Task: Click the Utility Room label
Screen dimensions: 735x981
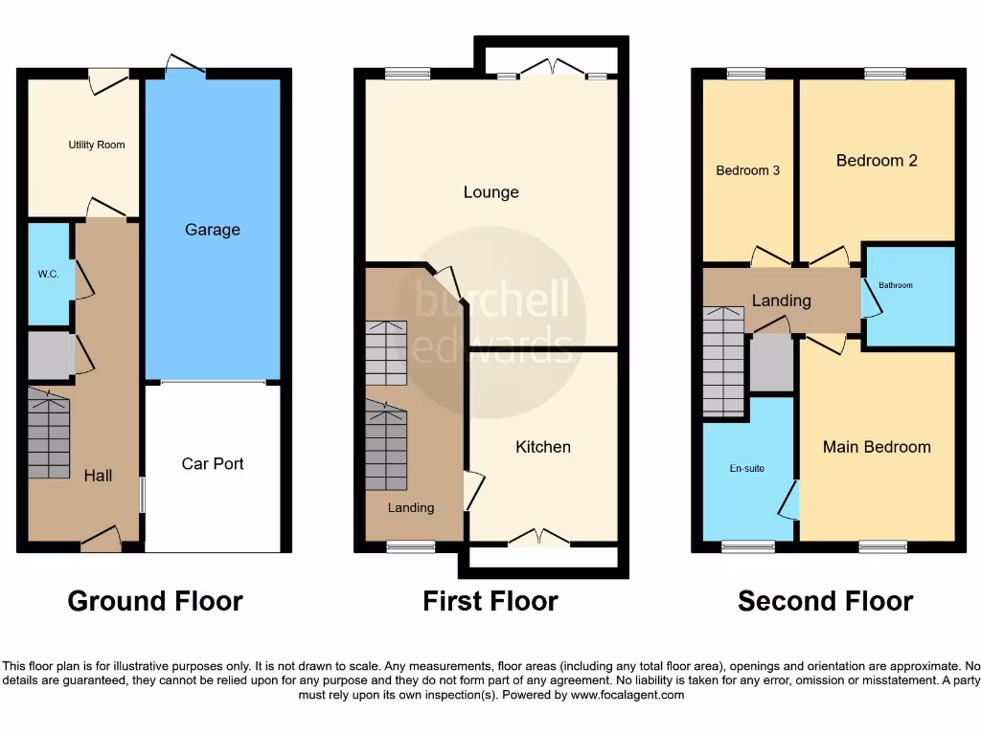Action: click(x=96, y=145)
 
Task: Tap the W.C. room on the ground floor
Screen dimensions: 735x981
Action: click(x=49, y=274)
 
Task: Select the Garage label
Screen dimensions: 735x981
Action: click(x=213, y=230)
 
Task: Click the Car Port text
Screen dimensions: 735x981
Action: click(x=213, y=463)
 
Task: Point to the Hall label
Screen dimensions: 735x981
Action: click(x=98, y=475)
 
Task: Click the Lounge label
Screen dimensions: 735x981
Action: click(x=491, y=192)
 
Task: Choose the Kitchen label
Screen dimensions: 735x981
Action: click(x=543, y=447)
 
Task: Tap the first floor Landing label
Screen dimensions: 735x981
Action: click(x=411, y=508)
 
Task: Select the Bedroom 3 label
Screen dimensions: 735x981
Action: click(x=748, y=170)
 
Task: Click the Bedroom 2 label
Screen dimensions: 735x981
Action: click(x=877, y=161)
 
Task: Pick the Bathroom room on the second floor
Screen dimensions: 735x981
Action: click(x=910, y=297)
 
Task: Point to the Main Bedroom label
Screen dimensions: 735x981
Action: click(x=877, y=447)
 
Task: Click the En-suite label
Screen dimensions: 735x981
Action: click(x=747, y=469)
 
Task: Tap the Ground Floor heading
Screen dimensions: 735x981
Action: click(x=155, y=601)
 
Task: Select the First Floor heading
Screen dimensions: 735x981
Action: click(x=490, y=601)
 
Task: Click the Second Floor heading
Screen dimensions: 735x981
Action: click(x=825, y=601)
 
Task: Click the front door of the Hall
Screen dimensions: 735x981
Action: click(x=102, y=542)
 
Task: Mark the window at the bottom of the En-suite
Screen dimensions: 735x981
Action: click(x=748, y=547)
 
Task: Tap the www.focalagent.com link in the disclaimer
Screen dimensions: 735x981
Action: click(x=627, y=695)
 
